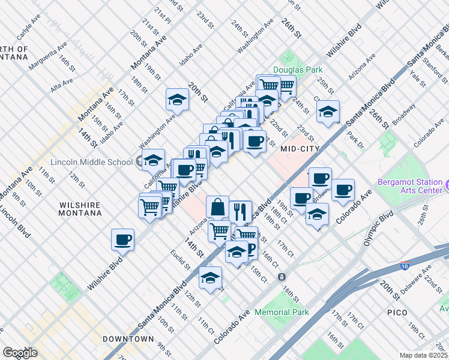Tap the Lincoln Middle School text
coord(92,162)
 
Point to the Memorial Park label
coord(282,312)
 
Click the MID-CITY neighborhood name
coord(298,148)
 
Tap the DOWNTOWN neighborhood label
coord(128,339)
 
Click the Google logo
coord(20,352)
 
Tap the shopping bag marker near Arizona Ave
coord(217,207)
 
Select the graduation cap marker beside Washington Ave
coord(177,99)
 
